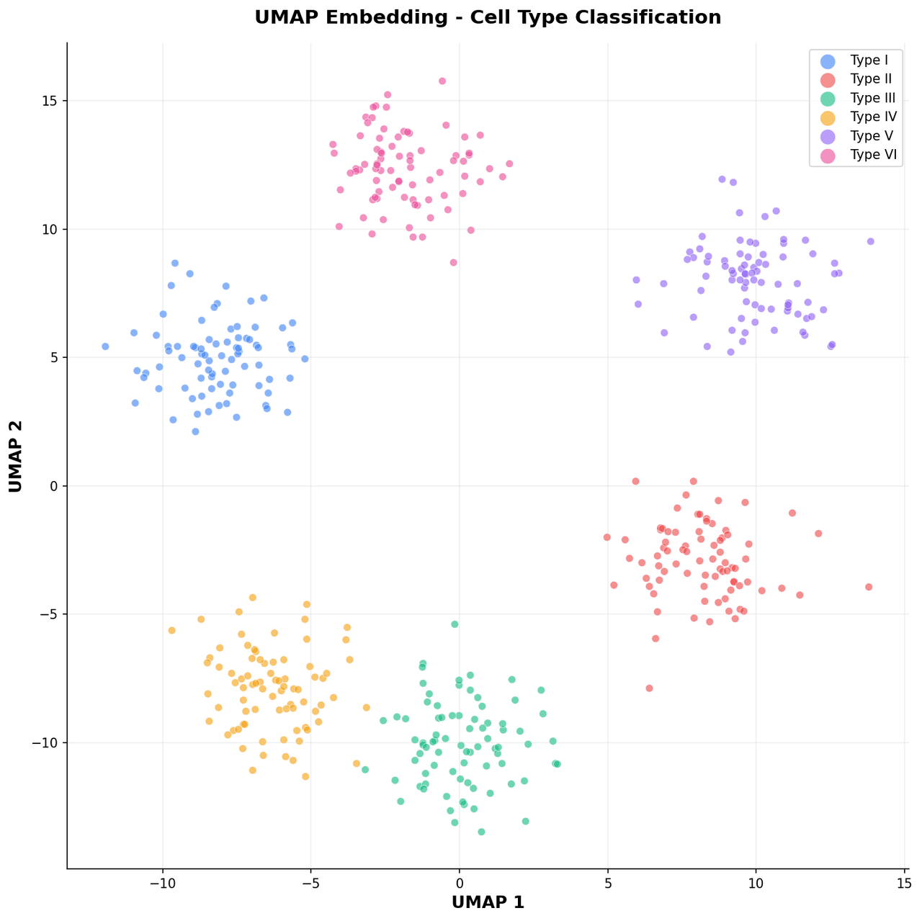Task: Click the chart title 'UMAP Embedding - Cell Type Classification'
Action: click(488, 17)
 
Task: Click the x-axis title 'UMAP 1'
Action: click(488, 902)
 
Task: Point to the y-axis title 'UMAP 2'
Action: click(16, 456)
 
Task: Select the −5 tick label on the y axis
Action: click(48, 614)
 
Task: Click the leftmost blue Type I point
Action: click(105, 346)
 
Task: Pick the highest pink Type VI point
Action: click(442, 81)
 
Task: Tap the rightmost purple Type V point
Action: click(870, 241)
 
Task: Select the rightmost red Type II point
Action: click(869, 587)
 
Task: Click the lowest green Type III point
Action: click(481, 832)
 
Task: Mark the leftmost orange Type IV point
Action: click(171, 630)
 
